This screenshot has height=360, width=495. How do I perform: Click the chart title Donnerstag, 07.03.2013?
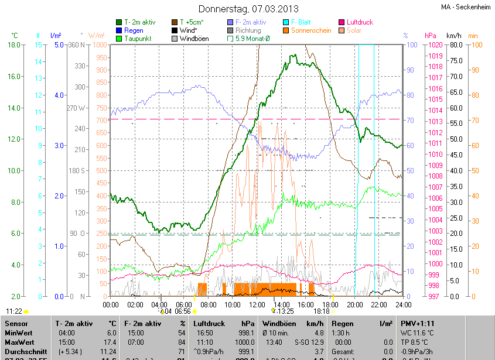coord(248,9)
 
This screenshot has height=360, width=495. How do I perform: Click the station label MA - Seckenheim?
coord(467,8)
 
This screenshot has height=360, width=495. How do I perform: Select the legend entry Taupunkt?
coord(138,39)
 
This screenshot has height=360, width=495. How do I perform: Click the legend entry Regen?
coord(134,30)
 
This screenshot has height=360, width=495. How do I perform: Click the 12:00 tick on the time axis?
coord(257,304)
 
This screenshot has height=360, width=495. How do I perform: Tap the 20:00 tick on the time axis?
coord(355,304)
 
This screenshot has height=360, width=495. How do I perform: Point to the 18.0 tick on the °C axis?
coord(15,45)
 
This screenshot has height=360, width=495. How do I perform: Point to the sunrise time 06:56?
coord(183,311)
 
